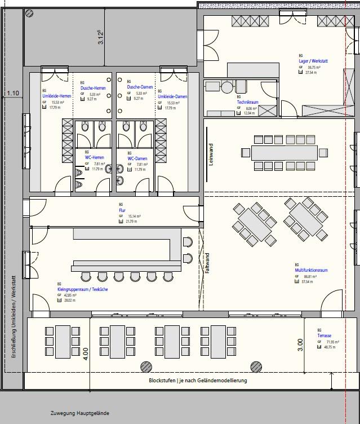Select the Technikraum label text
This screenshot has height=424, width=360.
(248, 102)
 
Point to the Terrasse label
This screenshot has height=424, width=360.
(325, 336)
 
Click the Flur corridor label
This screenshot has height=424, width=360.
(122, 210)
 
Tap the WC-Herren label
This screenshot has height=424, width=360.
(93, 157)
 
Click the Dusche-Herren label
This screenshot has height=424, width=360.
(92, 87)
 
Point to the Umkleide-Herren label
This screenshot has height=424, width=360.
(56, 96)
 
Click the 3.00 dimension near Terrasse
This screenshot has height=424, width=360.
(300, 345)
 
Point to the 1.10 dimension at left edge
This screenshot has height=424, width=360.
(12, 93)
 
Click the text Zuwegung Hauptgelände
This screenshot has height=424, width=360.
(79, 413)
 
